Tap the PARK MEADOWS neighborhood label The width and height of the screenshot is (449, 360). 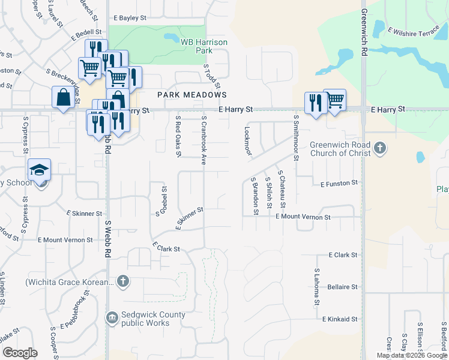192,95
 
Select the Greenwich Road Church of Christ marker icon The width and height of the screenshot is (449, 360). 379,148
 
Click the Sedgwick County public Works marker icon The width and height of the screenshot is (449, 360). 112,317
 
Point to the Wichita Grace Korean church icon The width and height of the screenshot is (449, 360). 122,281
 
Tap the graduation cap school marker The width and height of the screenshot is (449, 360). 39,170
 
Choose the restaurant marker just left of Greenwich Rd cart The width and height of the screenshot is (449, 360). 315,103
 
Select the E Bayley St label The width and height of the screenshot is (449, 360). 130,19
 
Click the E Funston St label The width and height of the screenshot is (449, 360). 339,182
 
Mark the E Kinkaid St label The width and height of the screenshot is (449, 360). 340,319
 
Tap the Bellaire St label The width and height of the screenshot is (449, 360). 343,287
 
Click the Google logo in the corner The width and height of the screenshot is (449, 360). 20,353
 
